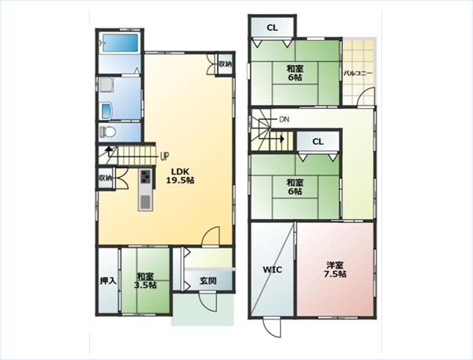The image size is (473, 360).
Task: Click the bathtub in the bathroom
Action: click(121, 43)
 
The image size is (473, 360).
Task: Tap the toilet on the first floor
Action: click(108, 131)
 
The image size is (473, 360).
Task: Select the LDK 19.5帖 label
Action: click(180, 176)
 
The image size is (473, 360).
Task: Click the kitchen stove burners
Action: click(146, 176)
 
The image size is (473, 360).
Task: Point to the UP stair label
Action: click(164, 157)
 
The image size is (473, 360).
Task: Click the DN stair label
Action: click(284, 120)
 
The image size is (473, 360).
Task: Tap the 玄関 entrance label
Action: click(208, 281)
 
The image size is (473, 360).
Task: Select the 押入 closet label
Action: click(108, 281)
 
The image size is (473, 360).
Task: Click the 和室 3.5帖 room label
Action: click(146, 281)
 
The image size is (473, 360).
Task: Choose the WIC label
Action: click(272, 269)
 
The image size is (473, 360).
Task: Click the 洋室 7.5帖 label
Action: click(335, 269)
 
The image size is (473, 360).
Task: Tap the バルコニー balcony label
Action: click(358, 74)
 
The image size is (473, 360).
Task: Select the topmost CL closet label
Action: click(272, 27)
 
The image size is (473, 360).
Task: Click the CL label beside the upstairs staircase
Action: click(318, 142)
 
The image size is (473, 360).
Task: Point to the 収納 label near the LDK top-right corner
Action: click(225, 64)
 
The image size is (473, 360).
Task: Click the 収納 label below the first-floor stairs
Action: click(105, 178)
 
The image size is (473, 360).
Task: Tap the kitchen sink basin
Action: click(145, 202)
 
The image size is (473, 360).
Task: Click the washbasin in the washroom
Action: click(107, 111)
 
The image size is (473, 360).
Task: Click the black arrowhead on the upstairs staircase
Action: click(282, 139)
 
